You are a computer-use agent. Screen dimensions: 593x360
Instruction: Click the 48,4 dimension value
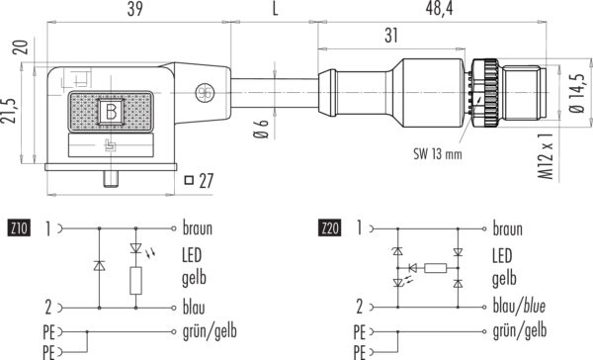point(439,9)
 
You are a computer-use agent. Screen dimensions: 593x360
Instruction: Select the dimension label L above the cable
point(275,9)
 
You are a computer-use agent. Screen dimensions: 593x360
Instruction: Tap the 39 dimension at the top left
point(135,9)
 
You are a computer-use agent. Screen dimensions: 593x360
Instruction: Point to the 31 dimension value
point(391,36)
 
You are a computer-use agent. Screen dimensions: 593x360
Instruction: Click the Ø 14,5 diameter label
point(577,93)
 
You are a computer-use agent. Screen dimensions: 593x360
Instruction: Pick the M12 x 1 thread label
point(547,156)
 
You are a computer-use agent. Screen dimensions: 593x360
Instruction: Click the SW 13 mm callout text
point(438,154)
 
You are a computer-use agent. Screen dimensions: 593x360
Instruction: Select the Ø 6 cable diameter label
point(261,129)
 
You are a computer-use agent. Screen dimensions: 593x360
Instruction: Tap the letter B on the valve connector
point(111,112)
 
